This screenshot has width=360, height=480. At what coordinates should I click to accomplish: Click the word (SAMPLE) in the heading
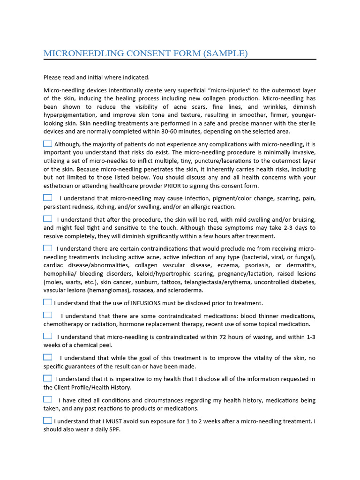[x=225, y=53]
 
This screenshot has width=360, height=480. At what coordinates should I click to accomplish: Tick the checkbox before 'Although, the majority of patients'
[x=48, y=143]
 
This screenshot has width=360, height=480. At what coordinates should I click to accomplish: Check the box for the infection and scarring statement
[x=48, y=198]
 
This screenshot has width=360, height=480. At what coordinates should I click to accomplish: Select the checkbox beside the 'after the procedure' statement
[x=48, y=219]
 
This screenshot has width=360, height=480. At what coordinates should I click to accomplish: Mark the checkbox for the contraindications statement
[x=48, y=248]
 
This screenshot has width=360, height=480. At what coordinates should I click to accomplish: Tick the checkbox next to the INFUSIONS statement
[x=48, y=302]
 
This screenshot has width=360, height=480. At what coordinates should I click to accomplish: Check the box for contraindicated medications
[x=48, y=315]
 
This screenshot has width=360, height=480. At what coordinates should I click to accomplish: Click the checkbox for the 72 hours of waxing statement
[x=48, y=336]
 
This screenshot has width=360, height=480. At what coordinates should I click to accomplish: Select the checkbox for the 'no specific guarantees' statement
[x=48, y=357]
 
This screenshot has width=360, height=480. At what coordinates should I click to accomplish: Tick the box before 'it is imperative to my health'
[x=48, y=378]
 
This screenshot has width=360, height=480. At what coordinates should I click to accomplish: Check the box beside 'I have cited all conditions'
[x=48, y=399]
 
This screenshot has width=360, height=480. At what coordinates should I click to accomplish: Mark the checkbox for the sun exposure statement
[x=48, y=420]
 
